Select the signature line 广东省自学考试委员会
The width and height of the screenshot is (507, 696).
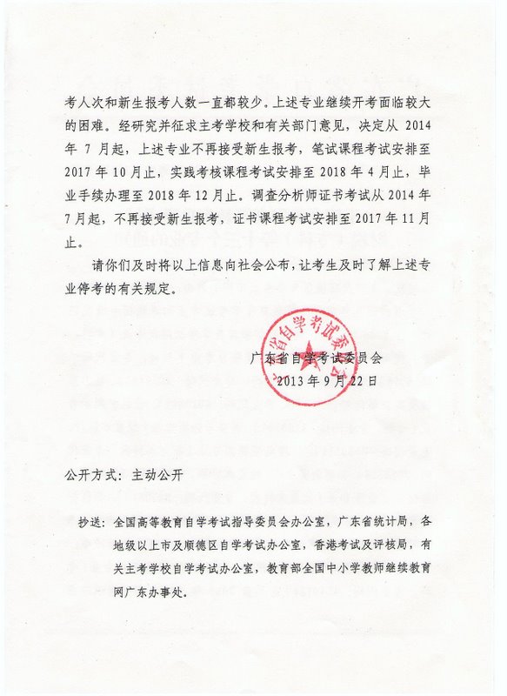(315, 358)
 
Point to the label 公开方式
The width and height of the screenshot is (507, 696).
(90, 476)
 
